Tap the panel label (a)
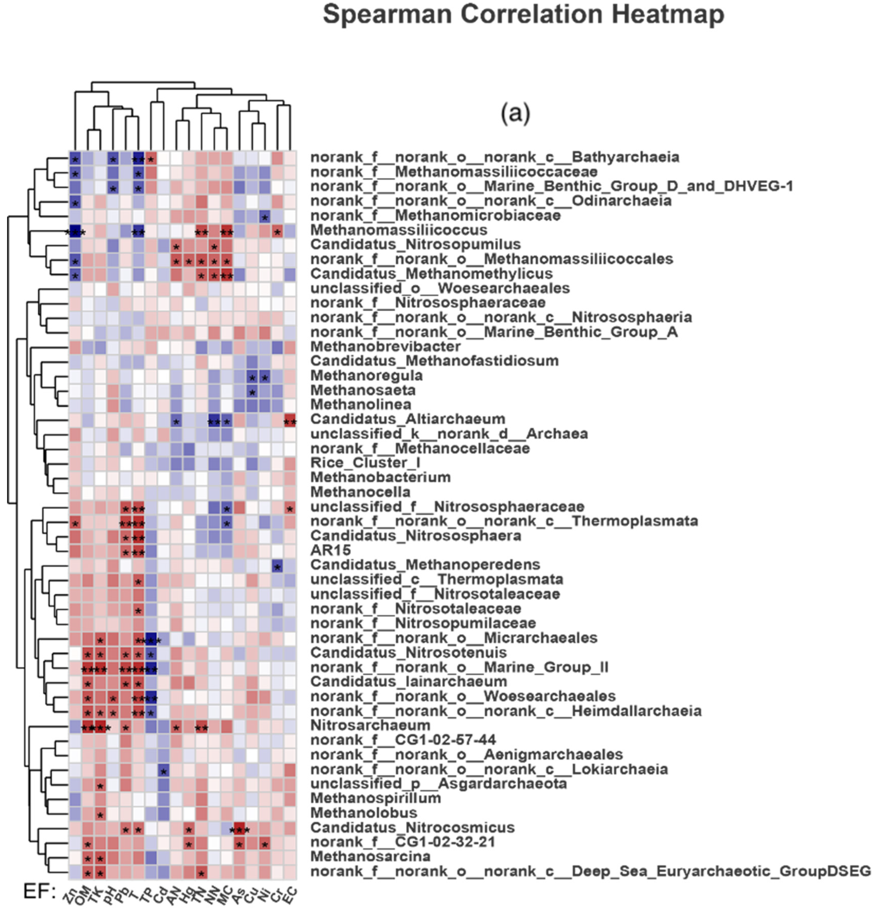[515, 113]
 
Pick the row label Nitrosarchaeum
[370, 725]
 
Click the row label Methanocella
[360, 492]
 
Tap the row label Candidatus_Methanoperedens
[425, 565]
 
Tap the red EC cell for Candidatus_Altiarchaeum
[290, 419]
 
